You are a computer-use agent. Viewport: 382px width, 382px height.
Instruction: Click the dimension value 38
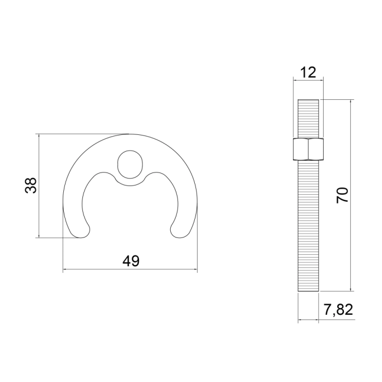[x=31, y=186]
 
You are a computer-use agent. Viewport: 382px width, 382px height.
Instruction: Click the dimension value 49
[x=131, y=261]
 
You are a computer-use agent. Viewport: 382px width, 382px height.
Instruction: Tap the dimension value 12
[x=308, y=73]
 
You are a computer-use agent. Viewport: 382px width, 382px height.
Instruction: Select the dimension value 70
[x=342, y=195]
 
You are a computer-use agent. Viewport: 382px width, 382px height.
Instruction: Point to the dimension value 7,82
[x=338, y=310]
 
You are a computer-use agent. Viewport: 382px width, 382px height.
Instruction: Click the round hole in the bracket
[x=130, y=164]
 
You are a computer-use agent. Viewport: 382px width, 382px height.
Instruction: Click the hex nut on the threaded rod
[x=308, y=149]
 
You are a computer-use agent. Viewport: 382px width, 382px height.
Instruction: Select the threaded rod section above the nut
[x=308, y=118]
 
